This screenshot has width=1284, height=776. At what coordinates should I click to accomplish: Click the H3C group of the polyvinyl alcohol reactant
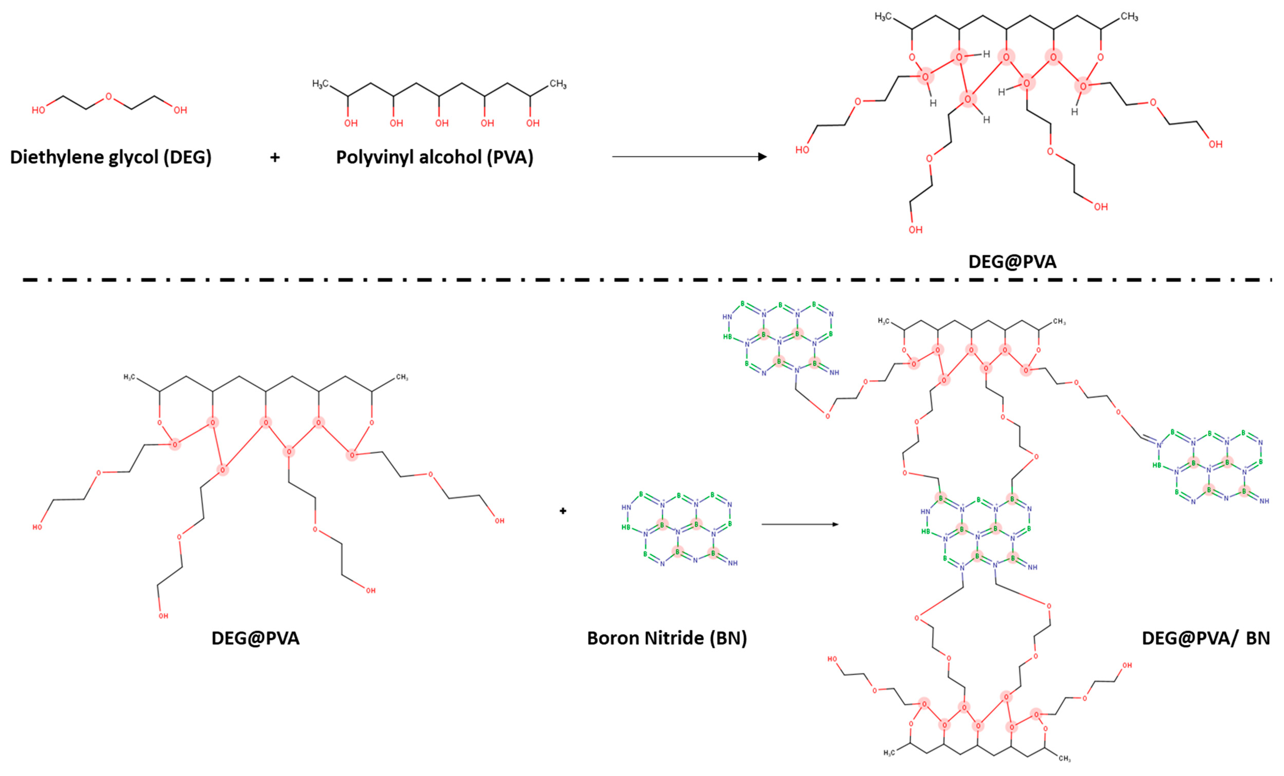(320, 84)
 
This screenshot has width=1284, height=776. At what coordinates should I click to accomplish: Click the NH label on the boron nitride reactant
(733, 563)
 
